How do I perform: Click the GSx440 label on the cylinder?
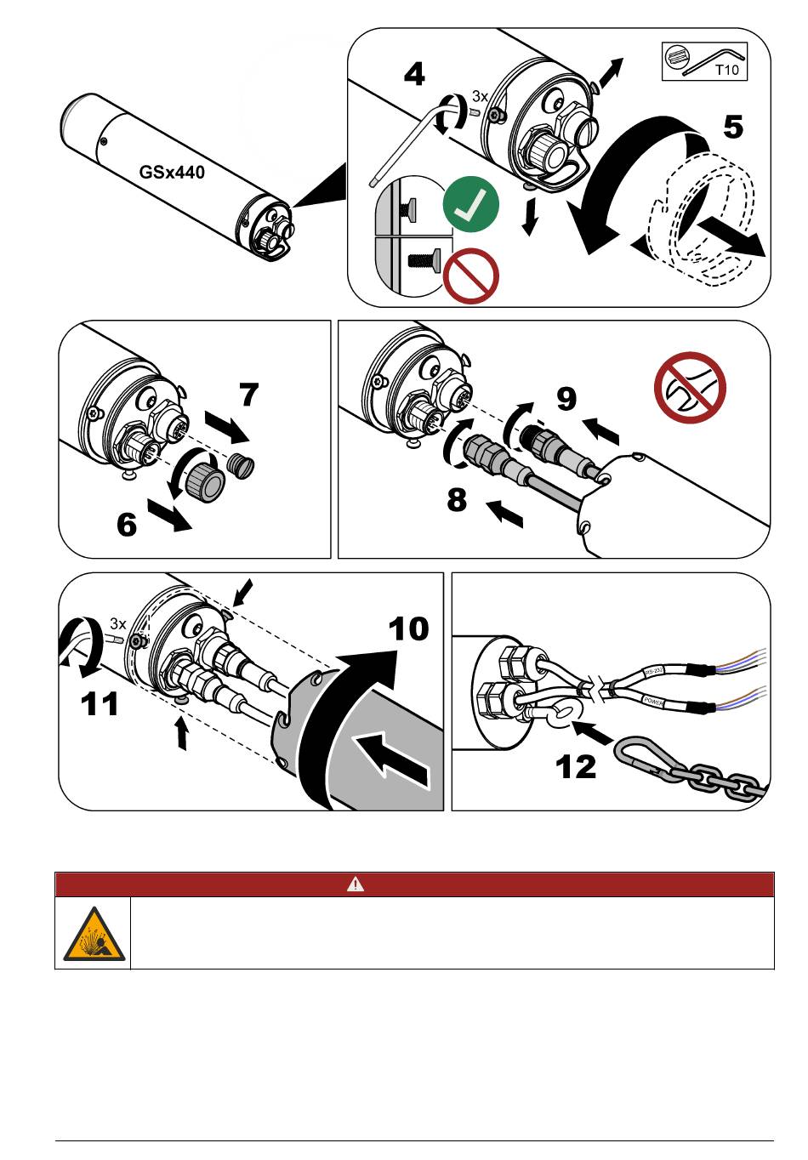tap(172, 172)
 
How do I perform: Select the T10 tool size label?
tap(727, 70)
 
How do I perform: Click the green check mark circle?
tap(470, 204)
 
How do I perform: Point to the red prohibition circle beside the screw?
tap(471, 276)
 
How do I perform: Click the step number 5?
tap(732, 127)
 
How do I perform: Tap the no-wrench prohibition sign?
tap(690, 388)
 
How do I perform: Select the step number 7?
tap(249, 395)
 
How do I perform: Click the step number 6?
tap(127, 524)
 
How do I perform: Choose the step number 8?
tap(457, 499)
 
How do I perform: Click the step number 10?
tap(408, 629)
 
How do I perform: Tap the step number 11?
tap(100, 704)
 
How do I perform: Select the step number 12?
tap(576, 767)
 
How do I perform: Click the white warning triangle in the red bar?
tap(356, 884)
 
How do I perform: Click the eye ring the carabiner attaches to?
tap(560, 715)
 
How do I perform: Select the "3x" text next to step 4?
tap(481, 96)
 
